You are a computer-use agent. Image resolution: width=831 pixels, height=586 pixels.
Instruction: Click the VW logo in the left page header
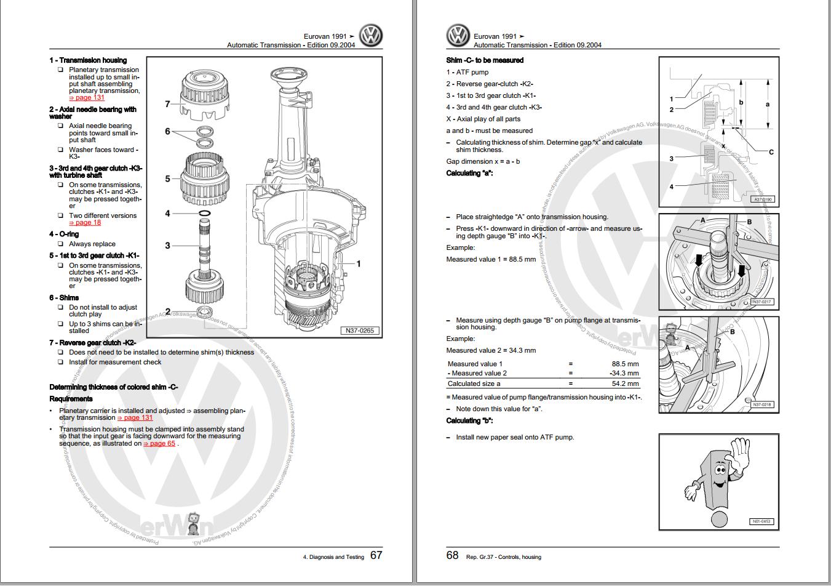[371, 36]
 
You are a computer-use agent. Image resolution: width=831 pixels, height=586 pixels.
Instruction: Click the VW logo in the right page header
[458, 36]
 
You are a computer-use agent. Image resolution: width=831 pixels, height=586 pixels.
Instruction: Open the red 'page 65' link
[159, 443]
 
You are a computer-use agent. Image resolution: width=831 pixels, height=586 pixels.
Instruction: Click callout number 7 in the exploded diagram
[167, 104]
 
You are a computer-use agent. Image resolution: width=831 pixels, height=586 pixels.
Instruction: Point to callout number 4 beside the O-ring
[167, 214]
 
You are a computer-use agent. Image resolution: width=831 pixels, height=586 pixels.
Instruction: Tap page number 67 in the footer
[376, 555]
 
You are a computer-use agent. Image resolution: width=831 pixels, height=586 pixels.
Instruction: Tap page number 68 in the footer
[452, 555]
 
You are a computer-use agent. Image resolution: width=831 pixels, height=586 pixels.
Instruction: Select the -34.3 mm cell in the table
[624, 373]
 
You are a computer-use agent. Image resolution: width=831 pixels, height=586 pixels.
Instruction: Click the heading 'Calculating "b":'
[469, 420]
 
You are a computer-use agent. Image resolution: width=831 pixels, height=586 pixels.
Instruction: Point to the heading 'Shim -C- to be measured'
[485, 60]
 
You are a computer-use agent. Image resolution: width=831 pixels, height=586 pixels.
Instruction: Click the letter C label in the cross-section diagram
[771, 152]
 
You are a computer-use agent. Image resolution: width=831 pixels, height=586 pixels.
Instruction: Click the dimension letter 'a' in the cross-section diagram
[767, 104]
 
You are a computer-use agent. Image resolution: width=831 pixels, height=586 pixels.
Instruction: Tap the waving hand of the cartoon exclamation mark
[739, 456]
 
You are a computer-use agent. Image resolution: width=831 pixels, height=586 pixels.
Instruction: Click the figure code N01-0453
[761, 522]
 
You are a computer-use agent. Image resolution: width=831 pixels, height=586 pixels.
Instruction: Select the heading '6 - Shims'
[64, 297]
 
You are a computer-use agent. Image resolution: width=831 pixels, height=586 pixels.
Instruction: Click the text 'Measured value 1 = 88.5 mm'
[491, 259]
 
